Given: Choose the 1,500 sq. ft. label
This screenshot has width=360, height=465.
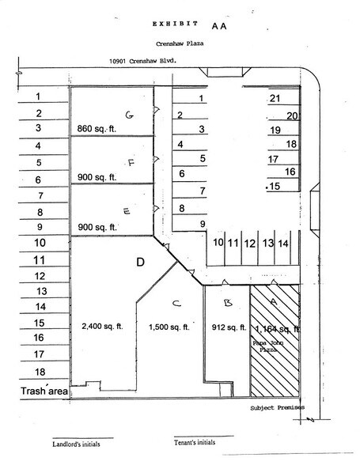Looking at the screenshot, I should tap(168, 326).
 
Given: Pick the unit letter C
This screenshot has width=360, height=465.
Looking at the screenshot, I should tap(176, 302).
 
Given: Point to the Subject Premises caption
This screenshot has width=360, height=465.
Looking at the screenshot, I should tap(276, 408).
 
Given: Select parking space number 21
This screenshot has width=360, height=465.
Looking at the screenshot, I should tap(275, 99).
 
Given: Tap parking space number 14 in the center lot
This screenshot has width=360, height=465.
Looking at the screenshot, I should tap(283, 243).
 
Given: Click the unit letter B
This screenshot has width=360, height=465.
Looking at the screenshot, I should tap(227, 302).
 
